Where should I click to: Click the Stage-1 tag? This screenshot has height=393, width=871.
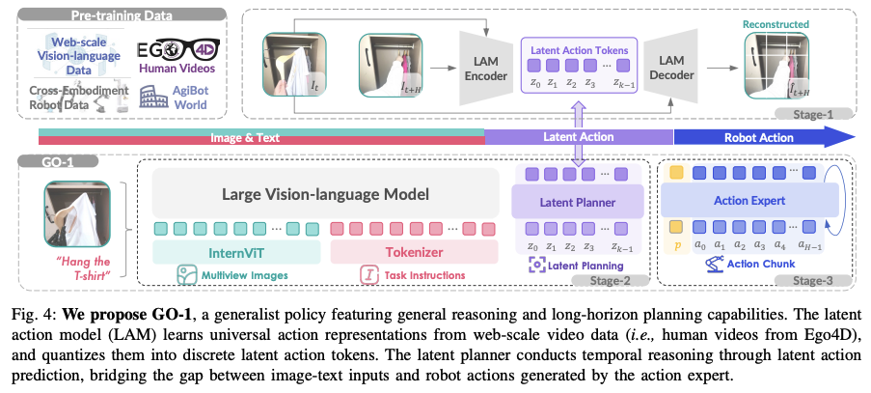click(x=827, y=113)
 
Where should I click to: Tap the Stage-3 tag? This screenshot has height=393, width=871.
click(x=822, y=281)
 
